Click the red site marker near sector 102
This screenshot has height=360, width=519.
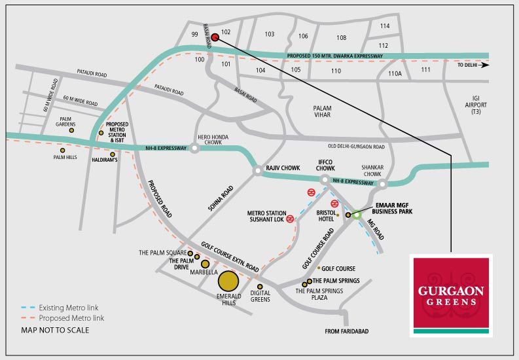point(215,37)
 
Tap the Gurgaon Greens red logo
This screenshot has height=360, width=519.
point(451,295)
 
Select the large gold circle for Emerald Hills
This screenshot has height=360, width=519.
point(228,281)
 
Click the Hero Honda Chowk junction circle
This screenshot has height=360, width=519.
point(194,148)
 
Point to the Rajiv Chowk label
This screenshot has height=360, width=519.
point(283,168)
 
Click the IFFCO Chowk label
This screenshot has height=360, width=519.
point(325,165)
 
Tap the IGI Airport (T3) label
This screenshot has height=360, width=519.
point(476,105)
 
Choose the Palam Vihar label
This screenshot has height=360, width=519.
point(323,111)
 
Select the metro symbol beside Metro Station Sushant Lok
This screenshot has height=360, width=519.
point(290,219)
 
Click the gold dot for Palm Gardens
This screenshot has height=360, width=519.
point(71,130)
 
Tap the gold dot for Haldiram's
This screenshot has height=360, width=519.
point(113,154)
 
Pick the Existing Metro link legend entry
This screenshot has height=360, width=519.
point(60,308)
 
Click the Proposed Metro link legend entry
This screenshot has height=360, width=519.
point(63,318)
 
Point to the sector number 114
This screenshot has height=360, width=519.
point(385,26)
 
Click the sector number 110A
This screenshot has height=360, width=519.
point(395,73)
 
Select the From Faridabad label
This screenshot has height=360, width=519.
point(347,331)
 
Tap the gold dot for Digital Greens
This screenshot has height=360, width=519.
point(260,287)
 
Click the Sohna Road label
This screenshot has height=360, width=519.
point(221,198)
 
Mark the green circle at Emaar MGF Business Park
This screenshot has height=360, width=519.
point(356,215)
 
